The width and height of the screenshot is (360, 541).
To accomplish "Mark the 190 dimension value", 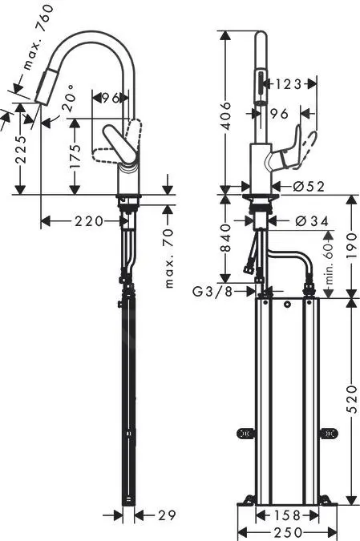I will point(352,245).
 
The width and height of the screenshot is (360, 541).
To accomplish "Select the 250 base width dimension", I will point(286,531).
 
